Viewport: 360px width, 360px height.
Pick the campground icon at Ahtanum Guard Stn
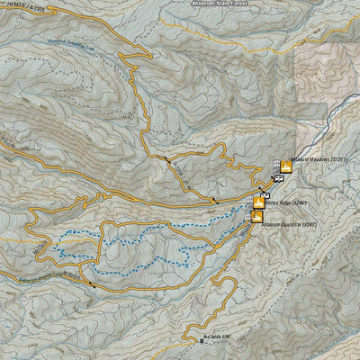coord(257,216)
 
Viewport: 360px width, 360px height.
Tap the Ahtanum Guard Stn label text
coord(287,222)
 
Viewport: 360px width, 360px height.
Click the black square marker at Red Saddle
coord(201,341)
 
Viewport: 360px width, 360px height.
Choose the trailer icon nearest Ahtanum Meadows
coord(279,178)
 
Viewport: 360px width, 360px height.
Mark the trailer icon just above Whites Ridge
coord(265,194)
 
